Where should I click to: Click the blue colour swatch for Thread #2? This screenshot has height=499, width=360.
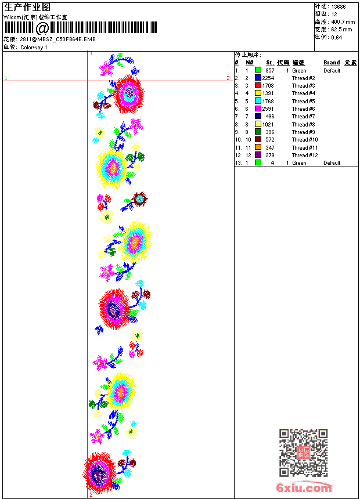pos(258,78)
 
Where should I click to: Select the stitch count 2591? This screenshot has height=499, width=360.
pos(268,109)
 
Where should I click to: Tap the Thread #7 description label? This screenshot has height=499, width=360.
pos(303,117)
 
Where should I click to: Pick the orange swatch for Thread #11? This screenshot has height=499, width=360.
pos(258,148)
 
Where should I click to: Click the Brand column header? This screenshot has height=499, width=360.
pos(332,63)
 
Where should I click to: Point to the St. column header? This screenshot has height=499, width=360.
pos(269,63)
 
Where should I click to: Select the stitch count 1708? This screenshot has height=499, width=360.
pos(268,86)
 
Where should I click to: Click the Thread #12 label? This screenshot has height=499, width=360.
pos(304,156)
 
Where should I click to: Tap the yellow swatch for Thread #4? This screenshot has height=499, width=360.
pos(258,93)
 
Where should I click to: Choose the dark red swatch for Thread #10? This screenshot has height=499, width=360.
pos(258,140)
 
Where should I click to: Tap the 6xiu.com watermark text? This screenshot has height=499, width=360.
pos(304,488)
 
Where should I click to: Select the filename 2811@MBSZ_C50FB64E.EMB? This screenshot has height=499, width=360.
pos(57,39)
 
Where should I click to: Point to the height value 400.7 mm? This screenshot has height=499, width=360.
pos(342,21)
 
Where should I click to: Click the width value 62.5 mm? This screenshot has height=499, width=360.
pos(341,29)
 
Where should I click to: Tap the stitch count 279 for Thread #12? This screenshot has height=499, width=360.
pos(269,156)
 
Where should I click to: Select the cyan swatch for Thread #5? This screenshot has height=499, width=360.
pos(258,101)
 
